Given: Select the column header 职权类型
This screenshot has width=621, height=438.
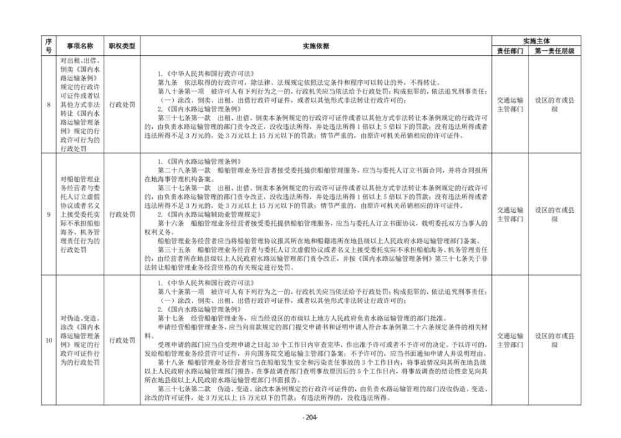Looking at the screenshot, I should tap(122, 46).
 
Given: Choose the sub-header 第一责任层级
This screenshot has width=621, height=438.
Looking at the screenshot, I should tap(554, 51).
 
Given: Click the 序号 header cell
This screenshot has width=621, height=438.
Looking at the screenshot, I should tap(49, 46).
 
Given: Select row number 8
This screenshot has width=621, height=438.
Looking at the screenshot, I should tap(49, 104).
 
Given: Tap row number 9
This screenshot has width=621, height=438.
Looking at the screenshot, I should tap(49, 215).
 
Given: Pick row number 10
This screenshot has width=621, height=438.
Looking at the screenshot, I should tap(49, 340).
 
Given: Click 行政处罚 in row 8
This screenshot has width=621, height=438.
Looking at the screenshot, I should tap(122, 104).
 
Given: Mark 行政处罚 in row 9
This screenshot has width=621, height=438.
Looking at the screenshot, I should tap(122, 215).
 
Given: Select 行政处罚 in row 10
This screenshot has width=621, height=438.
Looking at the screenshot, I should tap(122, 340).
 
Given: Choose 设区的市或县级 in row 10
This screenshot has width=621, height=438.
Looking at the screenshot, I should tap(554, 340).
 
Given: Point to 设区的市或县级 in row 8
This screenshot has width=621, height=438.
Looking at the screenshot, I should tap(554, 104).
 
